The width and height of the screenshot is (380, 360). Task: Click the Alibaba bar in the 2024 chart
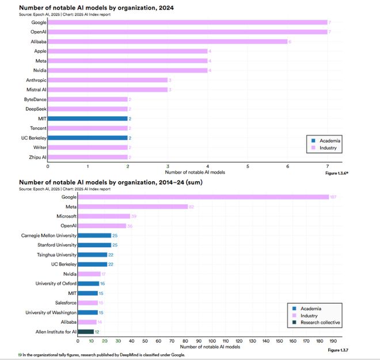(x=167, y=41)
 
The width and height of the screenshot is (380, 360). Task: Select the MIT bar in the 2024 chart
(x=88, y=118)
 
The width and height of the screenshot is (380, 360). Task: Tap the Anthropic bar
(x=108, y=80)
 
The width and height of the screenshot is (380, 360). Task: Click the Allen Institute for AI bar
(x=85, y=331)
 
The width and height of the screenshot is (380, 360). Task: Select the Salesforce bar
(x=89, y=302)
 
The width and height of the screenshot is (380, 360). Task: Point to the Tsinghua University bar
(x=93, y=255)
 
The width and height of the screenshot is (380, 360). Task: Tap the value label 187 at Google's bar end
(x=333, y=197)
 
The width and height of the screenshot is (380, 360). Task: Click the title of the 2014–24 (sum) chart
(x=110, y=182)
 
